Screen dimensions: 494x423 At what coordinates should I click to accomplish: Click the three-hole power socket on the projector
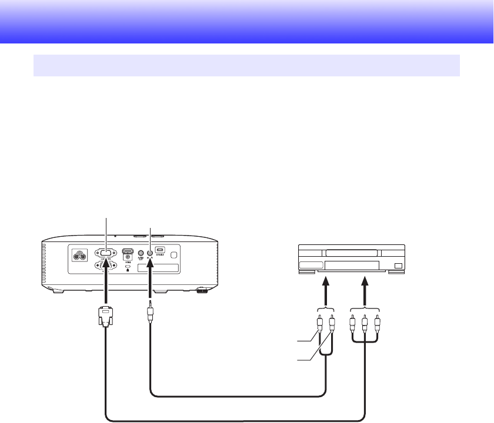[78, 256]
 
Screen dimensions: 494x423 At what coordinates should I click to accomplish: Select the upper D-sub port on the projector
[106, 254]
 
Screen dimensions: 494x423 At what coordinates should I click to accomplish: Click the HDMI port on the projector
[127, 255]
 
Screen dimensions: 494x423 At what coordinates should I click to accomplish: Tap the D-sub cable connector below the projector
[105, 318]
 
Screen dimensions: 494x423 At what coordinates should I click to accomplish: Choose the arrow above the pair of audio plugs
[325, 291]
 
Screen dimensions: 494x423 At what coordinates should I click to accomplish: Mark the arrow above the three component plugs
[365, 291]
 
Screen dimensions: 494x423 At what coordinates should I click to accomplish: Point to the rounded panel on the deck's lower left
[311, 266]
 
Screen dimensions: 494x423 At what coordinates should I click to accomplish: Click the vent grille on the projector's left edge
[44, 264]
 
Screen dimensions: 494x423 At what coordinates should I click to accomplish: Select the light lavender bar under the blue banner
[246, 65]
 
